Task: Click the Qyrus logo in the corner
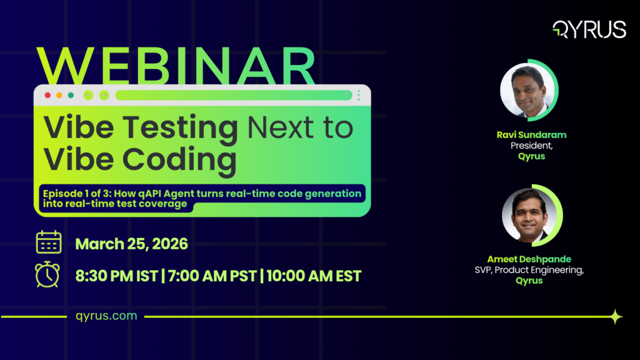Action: click(x=589, y=29)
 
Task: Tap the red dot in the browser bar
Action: click(x=47, y=95)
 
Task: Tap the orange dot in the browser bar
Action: click(x=59, y=95)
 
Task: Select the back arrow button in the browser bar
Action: click(x=88, y=95)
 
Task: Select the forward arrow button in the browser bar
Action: click(x=104, y=95)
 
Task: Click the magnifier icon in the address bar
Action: click(x=347, y=95)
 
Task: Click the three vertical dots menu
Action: click(x=359, y=95)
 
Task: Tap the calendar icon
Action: click(x=48, y=242)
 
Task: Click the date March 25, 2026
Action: click(x=131, y=244)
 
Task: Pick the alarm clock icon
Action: click(x=48, y=274)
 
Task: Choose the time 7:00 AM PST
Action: click(x=211, y=276)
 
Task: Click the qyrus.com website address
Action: click(x=106, y=316)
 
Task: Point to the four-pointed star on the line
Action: click(x=616, y=317)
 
